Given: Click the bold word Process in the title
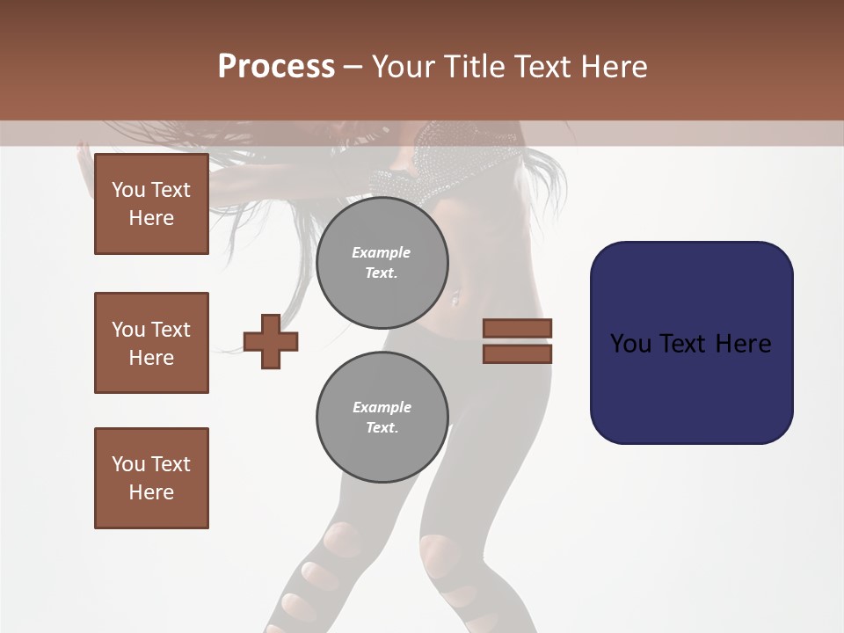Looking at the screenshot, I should point(276,66).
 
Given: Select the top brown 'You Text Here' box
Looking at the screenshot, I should point(151,204).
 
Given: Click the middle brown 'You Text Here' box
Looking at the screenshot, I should point(151,343).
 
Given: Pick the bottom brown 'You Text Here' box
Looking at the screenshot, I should point(151,478).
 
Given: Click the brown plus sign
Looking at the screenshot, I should point(271,341).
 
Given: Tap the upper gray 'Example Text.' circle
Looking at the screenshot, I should point(382,262).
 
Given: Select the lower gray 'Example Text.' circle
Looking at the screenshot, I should point(382,417).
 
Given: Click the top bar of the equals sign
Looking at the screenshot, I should point(517,329).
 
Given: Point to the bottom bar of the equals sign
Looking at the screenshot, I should point(517,353).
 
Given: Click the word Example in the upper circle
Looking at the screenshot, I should point(382,252).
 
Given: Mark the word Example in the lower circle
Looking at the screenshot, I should point(382,407).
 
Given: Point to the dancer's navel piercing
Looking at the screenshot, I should point(455,300).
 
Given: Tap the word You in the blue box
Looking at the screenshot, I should point(629,343).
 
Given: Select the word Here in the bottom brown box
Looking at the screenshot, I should point(151,492).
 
